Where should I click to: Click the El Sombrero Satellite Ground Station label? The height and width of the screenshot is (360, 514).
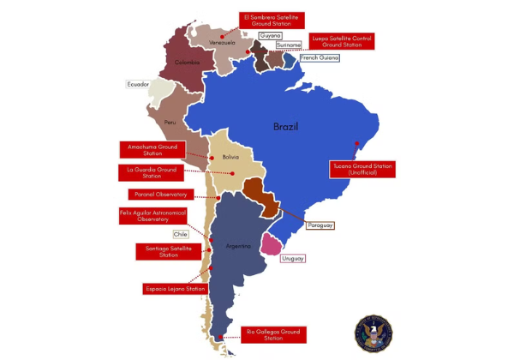pyautogui.click(x=272, y=21)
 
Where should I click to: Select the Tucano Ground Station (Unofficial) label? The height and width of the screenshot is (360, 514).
pyautogui.click(x=363, y=169)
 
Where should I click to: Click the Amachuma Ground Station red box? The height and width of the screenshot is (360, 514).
pyautogui.click(x=152, y=150)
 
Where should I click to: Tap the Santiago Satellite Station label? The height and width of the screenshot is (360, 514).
pyautogui.click(x=169, y=251)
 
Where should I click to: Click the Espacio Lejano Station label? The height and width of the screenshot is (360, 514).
pyautogui.click(x=174, y=289)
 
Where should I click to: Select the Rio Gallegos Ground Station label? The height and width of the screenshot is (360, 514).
pyautogui.click(x=274, y=334)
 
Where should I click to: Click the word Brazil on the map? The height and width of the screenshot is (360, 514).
pyautogui.click(x=285, y=127)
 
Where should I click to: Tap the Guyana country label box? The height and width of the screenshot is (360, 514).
pyautogui.click(x=270, y=36)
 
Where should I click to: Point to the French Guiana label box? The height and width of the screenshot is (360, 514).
pyautogui.click(x=319, y=57)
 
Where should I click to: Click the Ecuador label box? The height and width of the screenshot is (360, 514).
pyautogui.click(x=138, y=85)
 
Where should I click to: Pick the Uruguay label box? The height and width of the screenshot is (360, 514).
pyautogui.click(x=293, y=258)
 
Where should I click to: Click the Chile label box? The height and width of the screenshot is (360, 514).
pyautogui.click(x=181, y=233)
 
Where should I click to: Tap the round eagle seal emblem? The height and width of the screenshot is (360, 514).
pyautogui.click(x=373, y=333)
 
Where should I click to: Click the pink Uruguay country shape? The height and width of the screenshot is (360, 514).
pyautogui.click(x=272, y=244)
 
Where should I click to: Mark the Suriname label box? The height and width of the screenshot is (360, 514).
pyautogui.click(x=289, y=45)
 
